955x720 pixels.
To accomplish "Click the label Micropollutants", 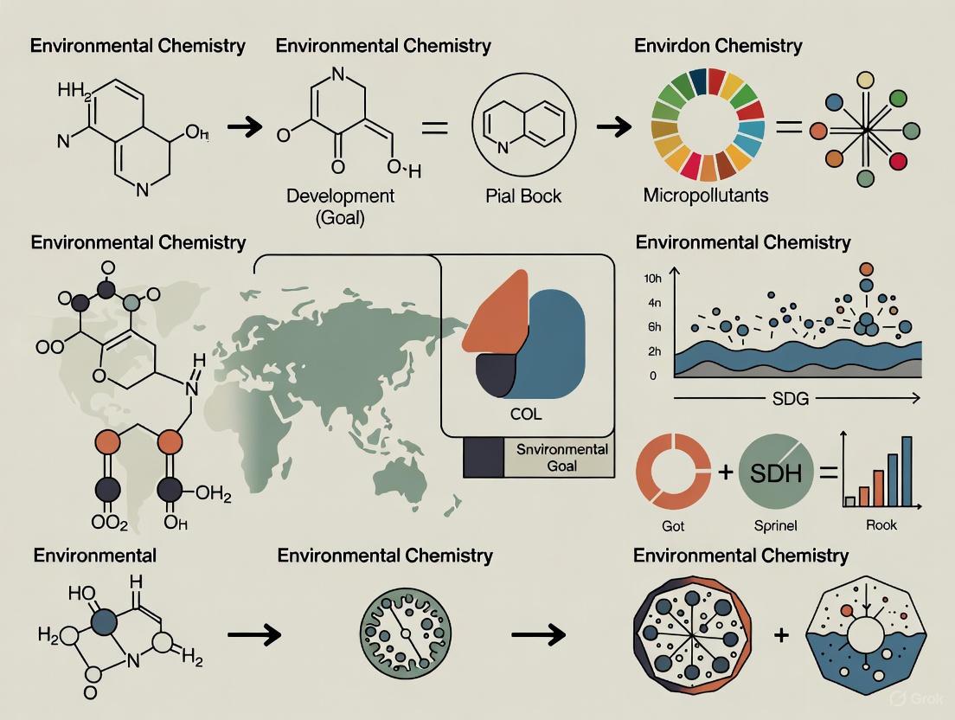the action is [x=705, y=196].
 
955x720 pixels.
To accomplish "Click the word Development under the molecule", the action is [x=340, y=196].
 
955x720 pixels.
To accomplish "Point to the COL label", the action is [x=526, y=414].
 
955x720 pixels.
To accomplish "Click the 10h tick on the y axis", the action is [x=652, y=279].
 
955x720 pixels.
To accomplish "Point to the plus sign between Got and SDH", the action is [x=725, y=472].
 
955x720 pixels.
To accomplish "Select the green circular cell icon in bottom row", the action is [x=404, y=634].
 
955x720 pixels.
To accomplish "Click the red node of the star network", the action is [x=898, y=161].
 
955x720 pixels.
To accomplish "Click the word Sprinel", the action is [x=776, y=525].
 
